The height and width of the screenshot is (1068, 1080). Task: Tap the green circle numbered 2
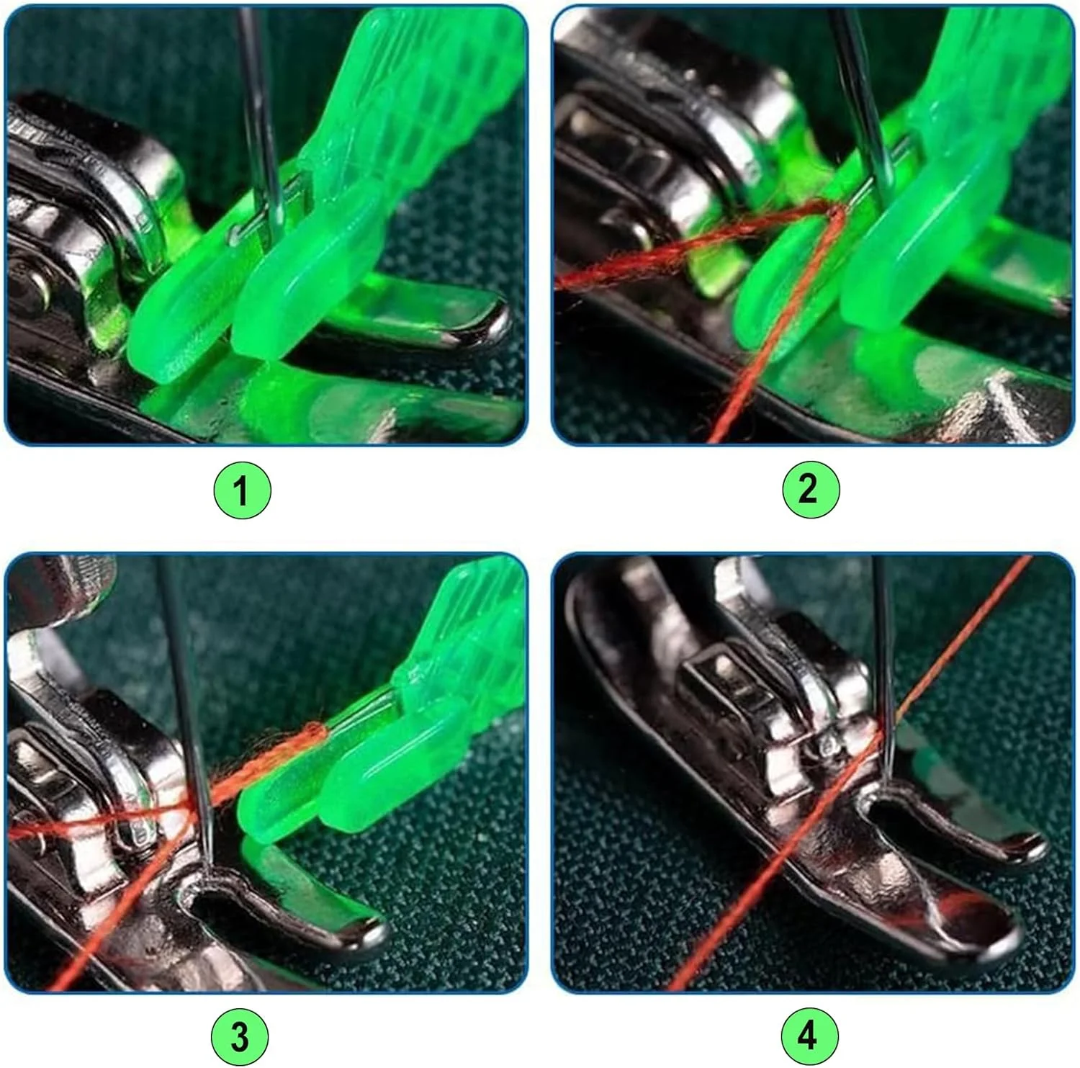[x=810, y=490]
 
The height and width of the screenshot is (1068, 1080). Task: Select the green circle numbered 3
[x=240, y=1037]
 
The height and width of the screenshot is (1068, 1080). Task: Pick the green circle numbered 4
[x=809, y=1036]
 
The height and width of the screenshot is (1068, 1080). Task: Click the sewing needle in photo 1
[x=262, y=122]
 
